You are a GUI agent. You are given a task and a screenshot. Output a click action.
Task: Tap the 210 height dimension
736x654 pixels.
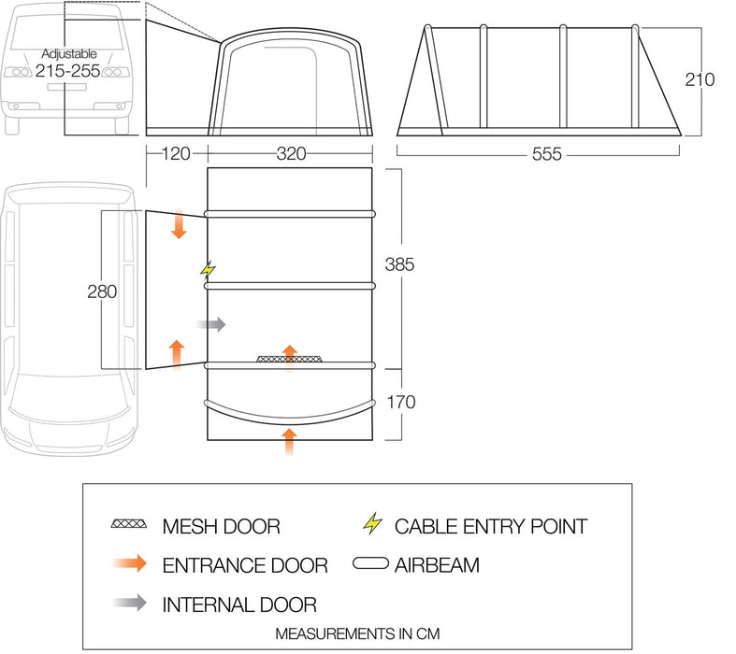coord(699,79)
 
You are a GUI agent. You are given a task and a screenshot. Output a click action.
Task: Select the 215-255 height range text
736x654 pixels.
coord(67,73)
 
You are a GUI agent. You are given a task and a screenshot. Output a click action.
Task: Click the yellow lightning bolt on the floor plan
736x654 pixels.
coord(208,270)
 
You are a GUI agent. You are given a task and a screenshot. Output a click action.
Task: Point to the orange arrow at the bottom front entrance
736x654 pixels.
coord(290,441)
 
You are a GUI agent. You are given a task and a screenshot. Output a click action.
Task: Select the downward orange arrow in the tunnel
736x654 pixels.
coord(179,225)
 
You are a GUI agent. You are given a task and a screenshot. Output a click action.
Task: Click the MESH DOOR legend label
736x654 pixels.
coord(221,526)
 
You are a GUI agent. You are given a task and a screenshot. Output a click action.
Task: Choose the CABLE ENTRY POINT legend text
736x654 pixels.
coord(490,526)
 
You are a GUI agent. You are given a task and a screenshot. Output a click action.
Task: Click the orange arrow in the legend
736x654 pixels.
coord(128,564)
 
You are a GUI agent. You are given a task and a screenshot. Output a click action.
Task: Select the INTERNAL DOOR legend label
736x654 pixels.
coord(239,603)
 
